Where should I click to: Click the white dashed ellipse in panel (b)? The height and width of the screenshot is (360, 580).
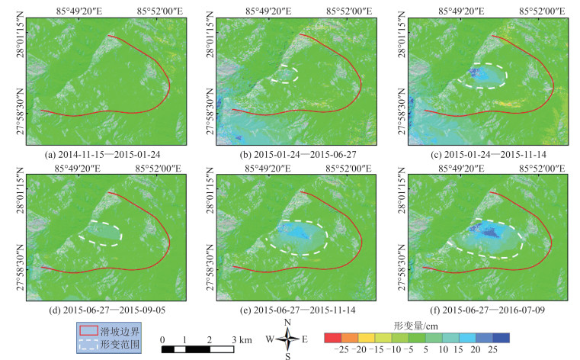pyautogui.click(x=284, y=73)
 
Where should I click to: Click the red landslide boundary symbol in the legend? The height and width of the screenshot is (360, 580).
pyautogui.click(x=88, y=331)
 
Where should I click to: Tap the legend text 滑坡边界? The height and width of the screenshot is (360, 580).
pyautogui.click(x=120, y=331)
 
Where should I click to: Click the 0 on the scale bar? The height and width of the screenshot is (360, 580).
pyautogui.click(x=163, y=339)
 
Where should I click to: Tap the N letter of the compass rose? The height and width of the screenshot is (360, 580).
pyautogui.click(x=287, y=323)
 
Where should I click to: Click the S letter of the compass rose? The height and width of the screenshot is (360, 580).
pyautogui.click(x=287, y=355)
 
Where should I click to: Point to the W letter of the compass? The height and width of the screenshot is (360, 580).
pyautogui.click(x=269, y=339)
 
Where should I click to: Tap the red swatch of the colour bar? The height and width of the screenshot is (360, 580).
pyautogui.click(x=332, y=336)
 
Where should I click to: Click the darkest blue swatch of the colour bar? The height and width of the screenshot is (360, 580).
pyautogui.click(x=501, y=336)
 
